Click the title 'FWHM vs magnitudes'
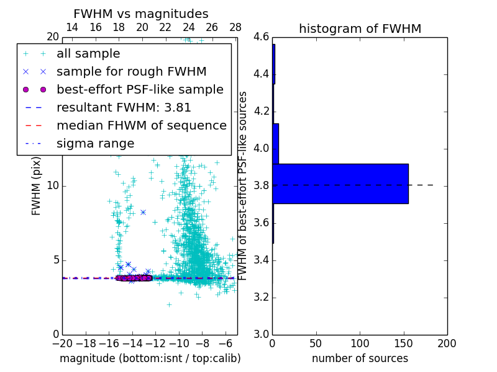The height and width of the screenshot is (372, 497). tap(141, 14)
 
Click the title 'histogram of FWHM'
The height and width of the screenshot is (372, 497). tap(360, 29)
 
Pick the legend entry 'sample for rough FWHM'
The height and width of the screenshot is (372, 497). tap(131, 72)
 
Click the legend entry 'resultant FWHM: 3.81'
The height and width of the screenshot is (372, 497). tap(124, 108)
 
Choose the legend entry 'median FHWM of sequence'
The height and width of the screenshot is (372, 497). tap(141, 126)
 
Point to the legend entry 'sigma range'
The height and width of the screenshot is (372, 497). tap(95, 144)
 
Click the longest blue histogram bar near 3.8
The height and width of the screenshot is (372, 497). tap(340, 184)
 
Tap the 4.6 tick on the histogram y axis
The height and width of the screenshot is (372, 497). tap(261, 37)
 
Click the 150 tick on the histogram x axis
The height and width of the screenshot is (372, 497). tap(403, 343)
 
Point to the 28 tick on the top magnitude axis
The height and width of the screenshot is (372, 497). tap(235, 27)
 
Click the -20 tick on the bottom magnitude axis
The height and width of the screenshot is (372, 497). tap(62, 343)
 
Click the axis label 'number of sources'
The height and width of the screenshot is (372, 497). tap(360, 358)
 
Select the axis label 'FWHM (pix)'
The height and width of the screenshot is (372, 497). tap(36, 185)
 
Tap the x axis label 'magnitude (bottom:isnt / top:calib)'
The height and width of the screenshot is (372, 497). tap(150, 358)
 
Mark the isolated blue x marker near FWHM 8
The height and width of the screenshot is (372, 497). tap(143, 212)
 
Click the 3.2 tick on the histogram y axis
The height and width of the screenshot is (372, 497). tap(261, 297)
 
